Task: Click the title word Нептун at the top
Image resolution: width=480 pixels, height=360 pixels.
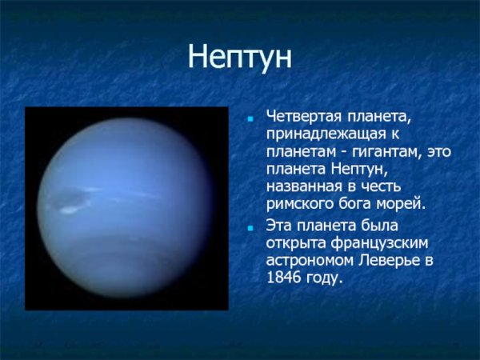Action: pyautogui.click(x=240, y=58)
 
